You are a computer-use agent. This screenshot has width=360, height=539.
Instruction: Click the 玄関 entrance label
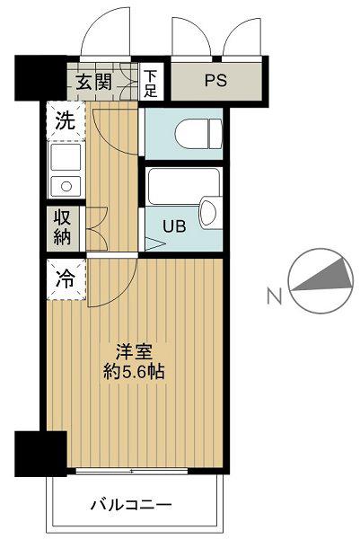[x=93, y=82]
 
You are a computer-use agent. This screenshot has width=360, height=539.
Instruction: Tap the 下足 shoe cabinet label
[x=150, y=84]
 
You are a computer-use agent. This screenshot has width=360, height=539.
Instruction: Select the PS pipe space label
[x=215, y=80]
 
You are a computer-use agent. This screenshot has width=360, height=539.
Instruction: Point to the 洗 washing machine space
[x=66, y=120]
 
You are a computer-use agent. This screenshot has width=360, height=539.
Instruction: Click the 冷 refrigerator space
[x=66, y=279]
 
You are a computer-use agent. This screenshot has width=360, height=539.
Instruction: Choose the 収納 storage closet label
[x=63, y=227]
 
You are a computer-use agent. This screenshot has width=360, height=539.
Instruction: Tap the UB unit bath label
[x=174, y=226]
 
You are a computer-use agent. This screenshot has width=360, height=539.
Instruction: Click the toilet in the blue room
[x=199, y=134]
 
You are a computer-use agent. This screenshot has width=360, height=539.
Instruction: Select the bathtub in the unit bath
[x=184, y=186]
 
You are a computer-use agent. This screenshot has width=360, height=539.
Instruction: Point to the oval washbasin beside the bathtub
[x=208, y=212]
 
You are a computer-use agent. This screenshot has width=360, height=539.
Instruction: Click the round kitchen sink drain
[x=66, y=187]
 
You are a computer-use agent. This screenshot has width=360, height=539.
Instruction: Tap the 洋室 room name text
[x=134, y=352]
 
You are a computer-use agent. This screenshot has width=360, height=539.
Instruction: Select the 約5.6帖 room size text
[x=134, y=372]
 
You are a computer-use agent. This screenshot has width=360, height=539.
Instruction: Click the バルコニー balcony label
[x=131, y=505]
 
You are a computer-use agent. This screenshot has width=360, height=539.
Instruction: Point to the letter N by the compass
[x=275, y=296]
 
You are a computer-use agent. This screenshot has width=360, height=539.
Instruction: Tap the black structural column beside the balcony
[x=40, y=454]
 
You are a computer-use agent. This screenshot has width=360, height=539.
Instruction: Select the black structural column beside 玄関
[x=40, y=78]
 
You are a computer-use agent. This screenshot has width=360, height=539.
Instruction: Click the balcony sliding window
[x=132, y=471]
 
